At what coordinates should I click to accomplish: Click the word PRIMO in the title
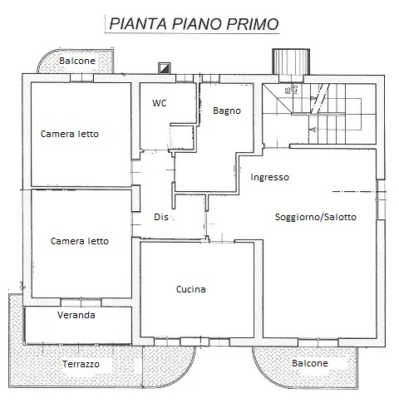point(252,24)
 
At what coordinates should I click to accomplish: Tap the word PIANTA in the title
point(138,24)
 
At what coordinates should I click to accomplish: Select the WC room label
point(160,103)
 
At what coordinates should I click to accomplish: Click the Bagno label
point(227,111)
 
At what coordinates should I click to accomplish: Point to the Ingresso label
point(269,177)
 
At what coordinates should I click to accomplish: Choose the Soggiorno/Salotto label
point(316,217)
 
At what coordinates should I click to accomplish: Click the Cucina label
point(191,289)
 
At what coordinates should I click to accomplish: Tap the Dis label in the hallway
point(161,217)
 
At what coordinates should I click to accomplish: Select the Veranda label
point(76,315)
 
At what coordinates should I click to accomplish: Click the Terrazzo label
point(81,364)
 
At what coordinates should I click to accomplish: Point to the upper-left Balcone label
point(77,61)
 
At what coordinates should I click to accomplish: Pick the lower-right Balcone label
point(310,363)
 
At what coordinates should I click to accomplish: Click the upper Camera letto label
point(70,134)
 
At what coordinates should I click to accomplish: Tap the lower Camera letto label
point(80,241)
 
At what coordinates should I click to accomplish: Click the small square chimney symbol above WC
point(164,68)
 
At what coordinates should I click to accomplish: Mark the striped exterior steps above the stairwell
point(291,61)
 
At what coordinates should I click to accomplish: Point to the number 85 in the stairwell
point(288,91)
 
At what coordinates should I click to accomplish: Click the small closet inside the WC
point(182,137)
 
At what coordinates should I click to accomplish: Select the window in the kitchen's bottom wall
point(195,342)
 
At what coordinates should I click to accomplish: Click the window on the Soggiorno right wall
point(381,199)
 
